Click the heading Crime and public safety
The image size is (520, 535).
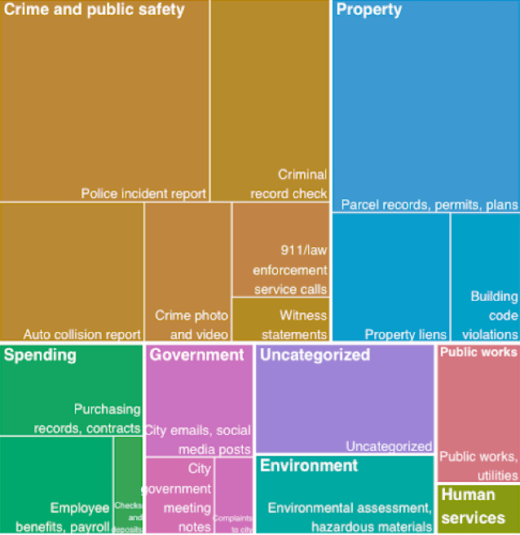(95, 11)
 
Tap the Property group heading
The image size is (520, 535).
(369, 11)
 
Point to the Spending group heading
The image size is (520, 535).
(40, 355)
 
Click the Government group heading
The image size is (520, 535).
(196, 355)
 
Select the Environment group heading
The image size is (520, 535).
(309, 466)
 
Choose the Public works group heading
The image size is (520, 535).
(478, 352)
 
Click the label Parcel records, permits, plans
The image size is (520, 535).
(429, 204)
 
